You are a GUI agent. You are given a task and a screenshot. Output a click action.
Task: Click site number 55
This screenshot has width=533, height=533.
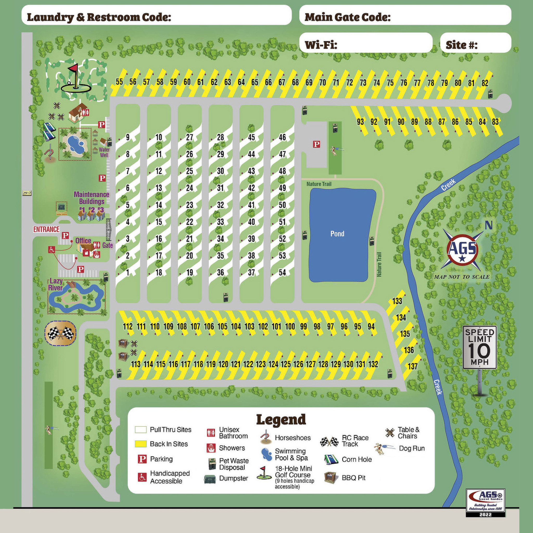pyautogui.click(x=119, y=82)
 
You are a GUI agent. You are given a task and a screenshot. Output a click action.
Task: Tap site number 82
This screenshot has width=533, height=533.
pyautogui.click(x=485, y=83)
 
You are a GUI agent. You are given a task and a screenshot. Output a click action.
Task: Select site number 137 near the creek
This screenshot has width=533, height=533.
pyautogui.click(x=413, y=366)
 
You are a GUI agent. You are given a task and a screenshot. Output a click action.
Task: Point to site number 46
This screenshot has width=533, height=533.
pyautogui.click(x=282, y=137)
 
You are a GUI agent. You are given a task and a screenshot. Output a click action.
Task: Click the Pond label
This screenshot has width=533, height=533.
pyautogui.click(x=337, y=234)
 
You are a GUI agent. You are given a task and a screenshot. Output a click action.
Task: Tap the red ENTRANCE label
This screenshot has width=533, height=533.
pyautogui.click(x=46, y=229)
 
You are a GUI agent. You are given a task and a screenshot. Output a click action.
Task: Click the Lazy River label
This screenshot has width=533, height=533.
pyautogui.click(x=56, y=284)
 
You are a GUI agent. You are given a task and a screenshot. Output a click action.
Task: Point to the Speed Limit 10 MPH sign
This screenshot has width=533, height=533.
pyautogui.click(x=480, y=348)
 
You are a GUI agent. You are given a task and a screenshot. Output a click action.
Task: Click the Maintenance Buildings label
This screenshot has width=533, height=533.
pyautogui.click(x=91, y=198)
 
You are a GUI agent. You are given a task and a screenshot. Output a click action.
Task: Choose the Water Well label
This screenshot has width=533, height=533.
pyautogui.click(x=104, y=152)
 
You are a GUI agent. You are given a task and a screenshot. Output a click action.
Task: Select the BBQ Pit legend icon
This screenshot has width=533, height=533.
pyautogui.click(x=331, y=478)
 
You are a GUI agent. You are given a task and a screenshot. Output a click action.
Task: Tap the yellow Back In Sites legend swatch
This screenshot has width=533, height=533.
pyautogui.click(x=140, y=444)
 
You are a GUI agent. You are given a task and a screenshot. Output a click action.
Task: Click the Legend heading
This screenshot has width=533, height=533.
pyautogui.click(x=281, y=419)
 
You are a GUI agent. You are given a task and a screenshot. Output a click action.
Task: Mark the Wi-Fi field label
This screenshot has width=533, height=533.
pyautogui.click(x=321, y=45)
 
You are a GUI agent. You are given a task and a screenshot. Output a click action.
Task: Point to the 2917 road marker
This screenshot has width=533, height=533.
pyautogui.click(x=27, y=193)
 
